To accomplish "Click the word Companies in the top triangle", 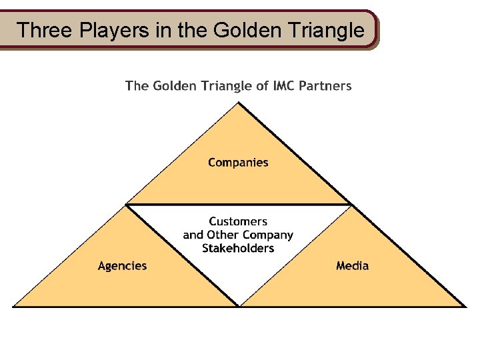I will [238, 163].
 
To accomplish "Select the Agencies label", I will [122, 266].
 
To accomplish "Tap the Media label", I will [352, 266].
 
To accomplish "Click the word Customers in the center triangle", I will [238, 221].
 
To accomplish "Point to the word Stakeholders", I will [238, 248].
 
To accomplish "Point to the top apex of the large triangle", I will [239, 103].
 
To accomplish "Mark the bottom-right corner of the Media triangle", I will [465, 306].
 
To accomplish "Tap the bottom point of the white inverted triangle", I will [239, 305].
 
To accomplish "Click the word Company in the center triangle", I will [267, 235].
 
